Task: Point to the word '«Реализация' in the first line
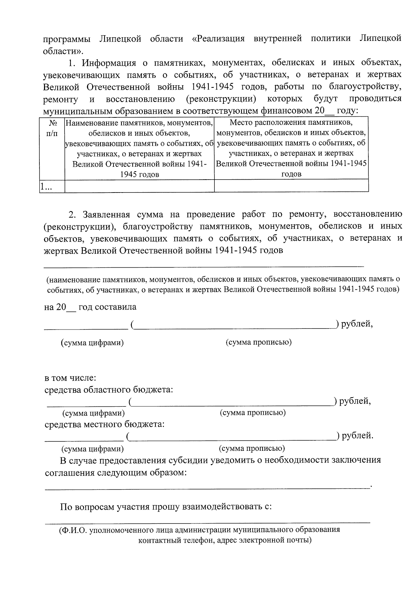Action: pos(218,38)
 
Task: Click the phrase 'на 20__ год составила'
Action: pos(90,307)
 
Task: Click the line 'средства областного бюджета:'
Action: pos(109,390)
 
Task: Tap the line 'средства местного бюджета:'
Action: pos(105,425)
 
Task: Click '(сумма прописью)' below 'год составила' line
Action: pos(258,342)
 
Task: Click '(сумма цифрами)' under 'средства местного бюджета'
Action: pos(93,449)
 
